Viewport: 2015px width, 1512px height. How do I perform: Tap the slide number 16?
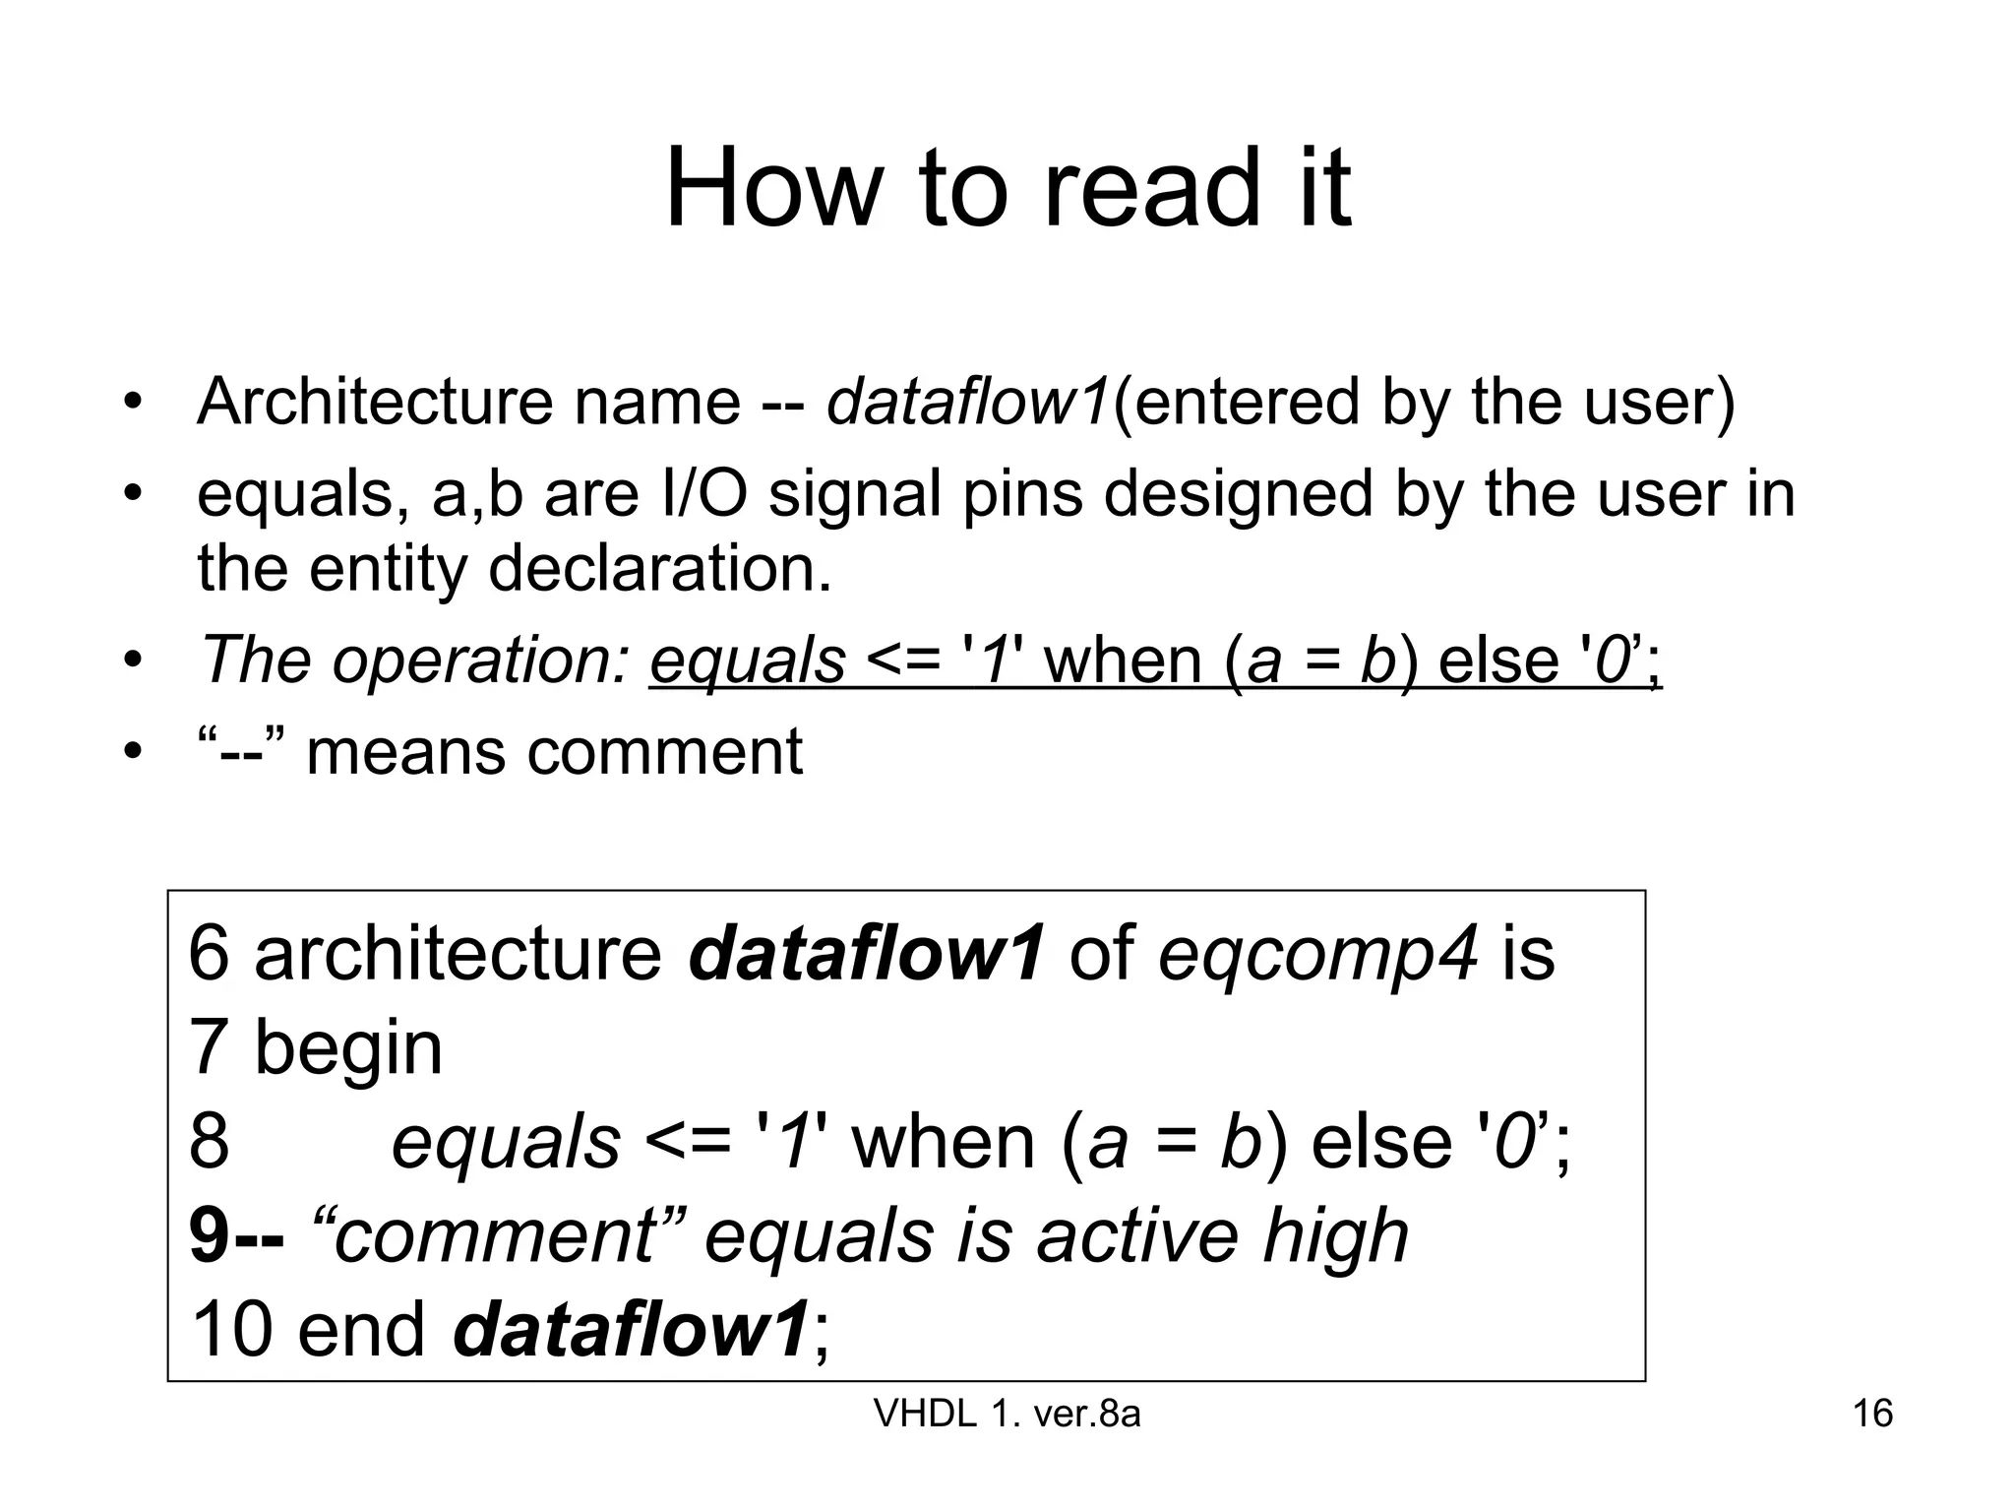(1872, 1414)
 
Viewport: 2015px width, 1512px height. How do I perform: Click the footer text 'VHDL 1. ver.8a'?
(1007, 1414)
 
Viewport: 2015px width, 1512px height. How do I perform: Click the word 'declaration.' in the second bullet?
(660, 569)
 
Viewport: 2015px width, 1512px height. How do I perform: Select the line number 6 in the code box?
(209, 953)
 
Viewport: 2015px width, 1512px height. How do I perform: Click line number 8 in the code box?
(209, 1142)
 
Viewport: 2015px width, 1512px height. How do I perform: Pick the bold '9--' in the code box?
(237, 1235)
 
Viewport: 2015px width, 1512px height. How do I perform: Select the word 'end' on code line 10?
(361, 1329)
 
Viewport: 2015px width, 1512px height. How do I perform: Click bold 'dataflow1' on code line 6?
(866, 953)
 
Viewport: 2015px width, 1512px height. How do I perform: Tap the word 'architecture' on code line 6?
(458, 953)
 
